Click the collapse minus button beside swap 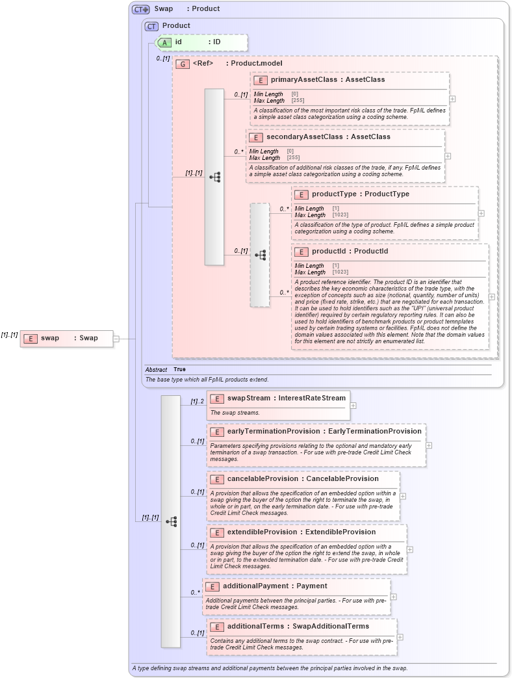pos(116,338)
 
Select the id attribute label pos(178,42)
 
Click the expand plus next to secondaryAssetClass pos(448,156)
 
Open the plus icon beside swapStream pos(353,405)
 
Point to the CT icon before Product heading pos(151,26)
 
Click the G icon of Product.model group pos(183,64)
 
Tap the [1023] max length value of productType pos(340,215)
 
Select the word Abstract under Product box pos(156,369)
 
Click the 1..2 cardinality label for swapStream pos(197,402)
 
